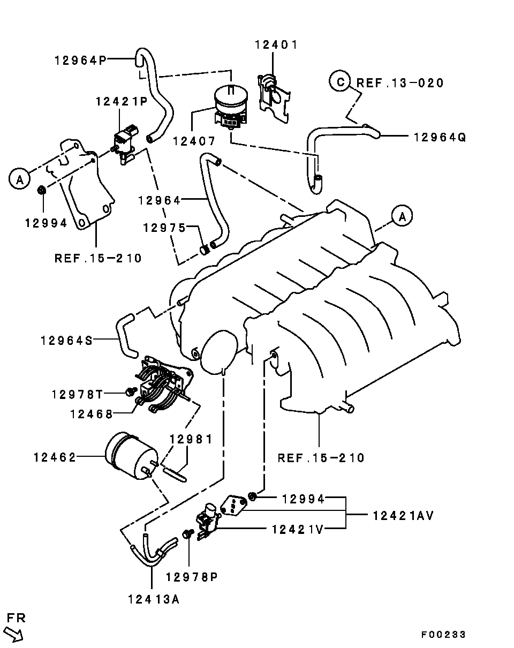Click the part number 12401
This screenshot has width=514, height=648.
pyautogui.click(x=276, y=45)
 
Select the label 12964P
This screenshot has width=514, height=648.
pyautogui.click(x=81, y=61)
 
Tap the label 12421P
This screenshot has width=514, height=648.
pyautogui.click(x=122, y=101)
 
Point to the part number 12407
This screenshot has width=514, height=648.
pyautogui.click(x=194, y=141)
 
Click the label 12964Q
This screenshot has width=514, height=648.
pyautogui.click(x=440, y=137)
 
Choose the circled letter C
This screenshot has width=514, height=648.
pyautogui.click(x=340, y=81)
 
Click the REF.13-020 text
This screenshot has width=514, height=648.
pyautogui.click(x=400, y=83)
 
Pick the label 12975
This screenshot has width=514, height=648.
pyautogui.click(x=164, y=228)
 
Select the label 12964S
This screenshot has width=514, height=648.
pyautogui.click(x=66, y=341)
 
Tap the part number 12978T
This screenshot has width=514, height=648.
pyautogui.click(x=78, y=394)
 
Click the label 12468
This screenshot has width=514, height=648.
pyautogui.click(x=91, y=415)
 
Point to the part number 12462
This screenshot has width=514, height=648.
pyautogui.click(x=55, y=457)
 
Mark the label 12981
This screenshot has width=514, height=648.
pyautogui.click(x=191, y=439)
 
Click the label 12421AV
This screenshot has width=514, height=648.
pyautogui.click(x=403, y=516)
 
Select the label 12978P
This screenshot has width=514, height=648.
pyautogui.click(x=192, y=577)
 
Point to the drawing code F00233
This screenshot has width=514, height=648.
pyautogui.click(x=443, y=635)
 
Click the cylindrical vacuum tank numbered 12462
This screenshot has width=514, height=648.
pyautogui.click(x=131, y=456)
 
